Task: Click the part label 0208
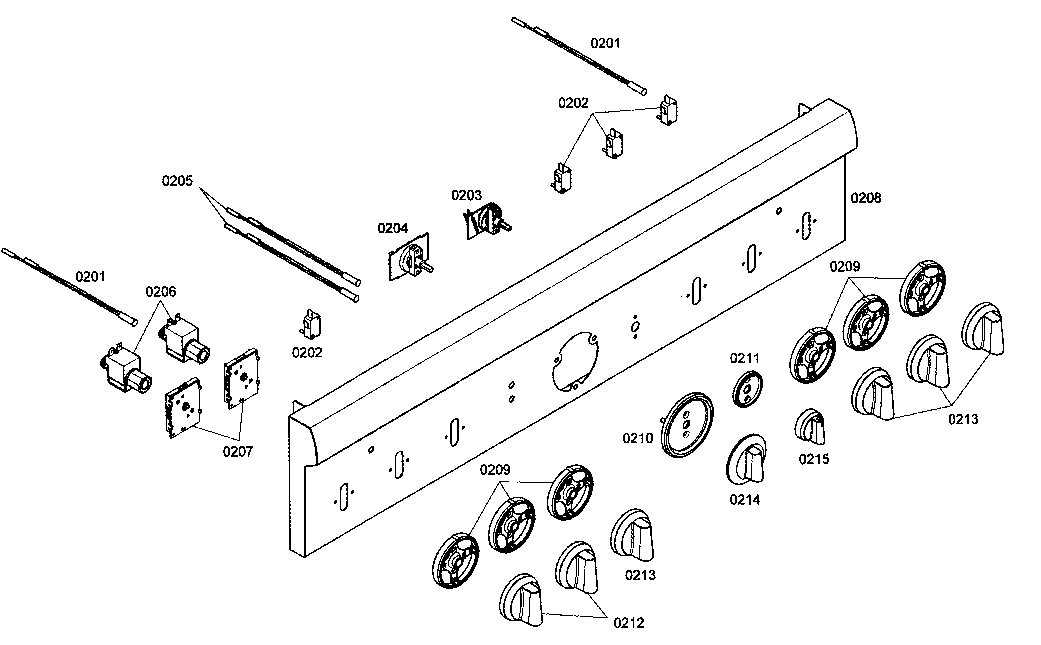coord(866,198)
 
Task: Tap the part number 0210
coord(638,439)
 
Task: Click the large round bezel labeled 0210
coord(687,424)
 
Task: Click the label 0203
coord(466,195)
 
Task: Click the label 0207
coord(238,452)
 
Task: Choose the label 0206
coord(161,291)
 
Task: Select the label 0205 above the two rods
coord(177,181)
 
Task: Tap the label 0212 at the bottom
coord(629,623)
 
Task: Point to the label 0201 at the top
coord(605,43)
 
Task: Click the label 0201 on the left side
coord(90,276)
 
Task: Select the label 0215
coord(814,459)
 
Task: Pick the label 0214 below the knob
coord(744,499)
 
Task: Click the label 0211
coord(744,358)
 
